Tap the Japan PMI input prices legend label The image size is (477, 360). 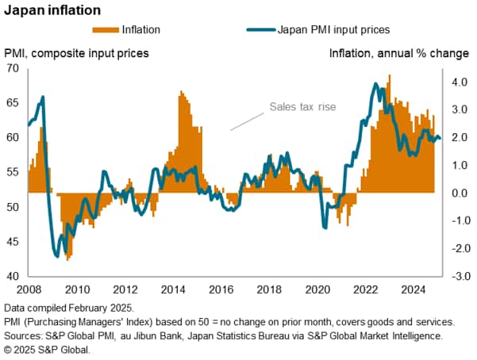[333, 30]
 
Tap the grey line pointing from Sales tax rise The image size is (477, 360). [247, 121]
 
